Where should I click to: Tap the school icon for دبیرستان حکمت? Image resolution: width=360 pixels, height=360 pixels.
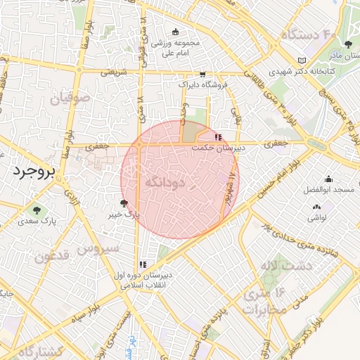219,137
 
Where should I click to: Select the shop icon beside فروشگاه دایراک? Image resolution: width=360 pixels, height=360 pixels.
202,74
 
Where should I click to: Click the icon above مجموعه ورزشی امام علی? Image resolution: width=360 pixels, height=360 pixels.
175,32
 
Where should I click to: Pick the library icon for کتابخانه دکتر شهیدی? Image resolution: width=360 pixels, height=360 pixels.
302,60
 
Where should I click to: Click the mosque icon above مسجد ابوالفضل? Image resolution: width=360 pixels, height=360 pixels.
329,179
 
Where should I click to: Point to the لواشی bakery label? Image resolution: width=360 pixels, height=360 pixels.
316,217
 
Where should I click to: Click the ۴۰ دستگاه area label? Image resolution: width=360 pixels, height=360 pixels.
310,34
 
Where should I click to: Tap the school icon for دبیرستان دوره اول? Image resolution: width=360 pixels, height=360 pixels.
143,264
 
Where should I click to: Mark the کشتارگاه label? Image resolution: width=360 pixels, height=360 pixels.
32,351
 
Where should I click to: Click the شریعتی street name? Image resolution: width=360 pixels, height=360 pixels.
114,72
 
